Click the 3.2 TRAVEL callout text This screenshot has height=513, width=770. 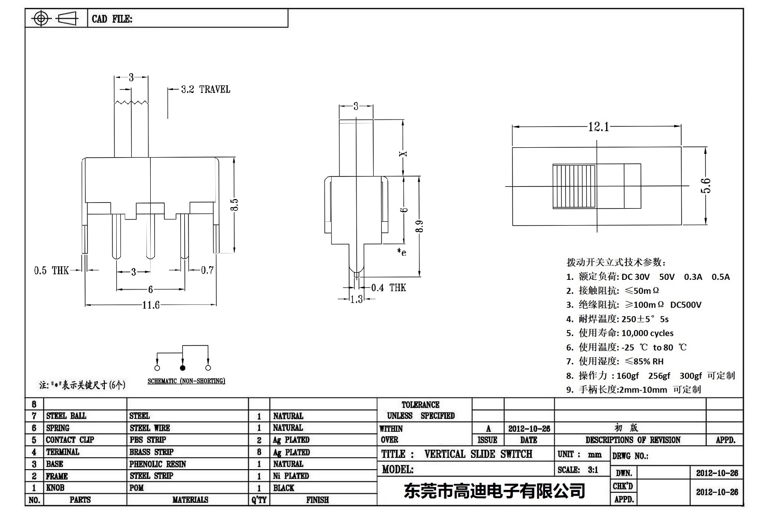205,89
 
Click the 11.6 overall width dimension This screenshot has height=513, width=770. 151,305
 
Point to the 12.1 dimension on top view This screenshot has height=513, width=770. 598,127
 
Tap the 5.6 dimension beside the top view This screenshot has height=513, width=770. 705,185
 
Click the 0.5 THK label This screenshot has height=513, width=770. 51,270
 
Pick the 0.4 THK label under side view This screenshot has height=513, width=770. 388,288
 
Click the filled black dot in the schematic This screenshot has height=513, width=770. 183,368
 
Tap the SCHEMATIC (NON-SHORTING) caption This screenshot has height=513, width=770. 186,381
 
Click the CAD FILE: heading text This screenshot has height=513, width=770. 112,19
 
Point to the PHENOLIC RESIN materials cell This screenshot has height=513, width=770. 158,464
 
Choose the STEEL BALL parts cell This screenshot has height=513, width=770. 66,416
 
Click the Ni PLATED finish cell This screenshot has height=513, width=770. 291,476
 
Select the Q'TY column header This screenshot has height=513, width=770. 259,500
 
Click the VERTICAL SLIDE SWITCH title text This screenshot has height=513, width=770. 478,454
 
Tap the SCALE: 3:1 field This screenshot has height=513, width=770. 578,470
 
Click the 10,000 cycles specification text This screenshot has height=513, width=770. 647,333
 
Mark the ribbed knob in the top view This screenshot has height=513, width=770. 574,186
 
